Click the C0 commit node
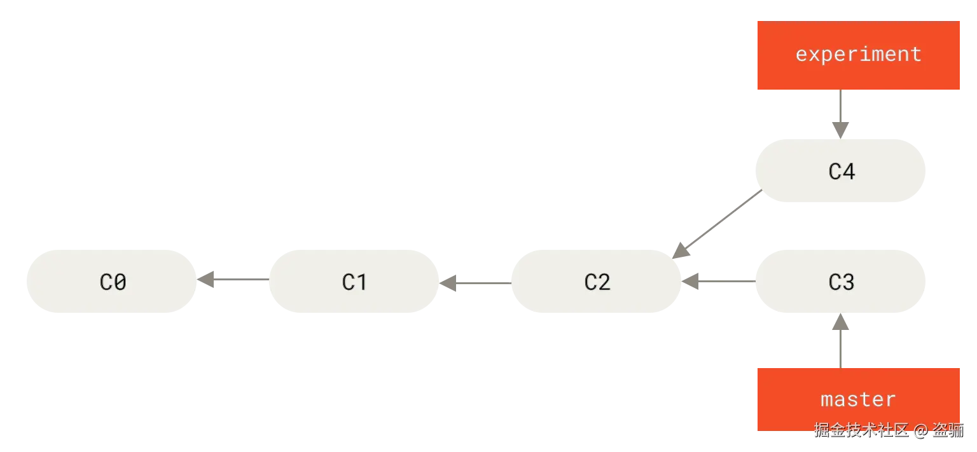click(111, 282)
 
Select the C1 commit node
click(355, 282)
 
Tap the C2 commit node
click(596, 282)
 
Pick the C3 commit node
click(840, 282)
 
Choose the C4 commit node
click(840, 171)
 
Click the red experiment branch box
click(857, 55)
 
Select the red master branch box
click(857, 399)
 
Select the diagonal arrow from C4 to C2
click(717, 223)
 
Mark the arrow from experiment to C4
click(841, 114)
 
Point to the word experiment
click(858, 54)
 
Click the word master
click(858, 399)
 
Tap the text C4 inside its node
click(841, 171)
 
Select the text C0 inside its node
click(113, 282)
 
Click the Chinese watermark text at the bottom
click(889, 430)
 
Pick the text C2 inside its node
click(597, 282)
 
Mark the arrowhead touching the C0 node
click(207, 280)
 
